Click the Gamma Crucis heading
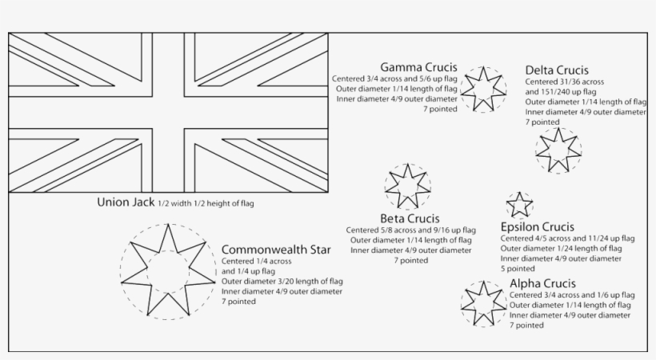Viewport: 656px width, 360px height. click(x=419, y=66)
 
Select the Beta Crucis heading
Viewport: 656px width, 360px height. click(x=410, y=218)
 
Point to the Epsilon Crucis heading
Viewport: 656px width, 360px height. click(x=538, y=227)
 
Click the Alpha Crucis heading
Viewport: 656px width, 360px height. click(x=542, y=284)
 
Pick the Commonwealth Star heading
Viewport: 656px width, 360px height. click(x=276, y=250)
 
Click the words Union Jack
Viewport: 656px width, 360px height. click(x=125, y=202)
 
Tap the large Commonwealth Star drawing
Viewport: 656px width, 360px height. click(x=168, y=270)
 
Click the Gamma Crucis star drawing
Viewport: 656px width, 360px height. click(x=483, y=89)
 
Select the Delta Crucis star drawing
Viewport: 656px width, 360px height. click(x=558, y=150)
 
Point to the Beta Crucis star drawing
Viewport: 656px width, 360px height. click(x=408, y=186)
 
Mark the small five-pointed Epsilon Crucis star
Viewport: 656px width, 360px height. click(x=519, y=204)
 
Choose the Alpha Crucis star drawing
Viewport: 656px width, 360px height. click(x=483, y=304)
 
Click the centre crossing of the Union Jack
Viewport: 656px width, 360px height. click(x=168, y=113)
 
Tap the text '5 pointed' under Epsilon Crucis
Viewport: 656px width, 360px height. click(x=518, y=269)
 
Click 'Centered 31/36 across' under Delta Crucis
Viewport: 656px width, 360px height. click(x=564, y=82)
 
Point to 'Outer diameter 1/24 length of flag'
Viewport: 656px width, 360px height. click(x=561, y=249)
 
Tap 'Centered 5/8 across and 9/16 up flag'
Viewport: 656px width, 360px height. click(x=410, y=230)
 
